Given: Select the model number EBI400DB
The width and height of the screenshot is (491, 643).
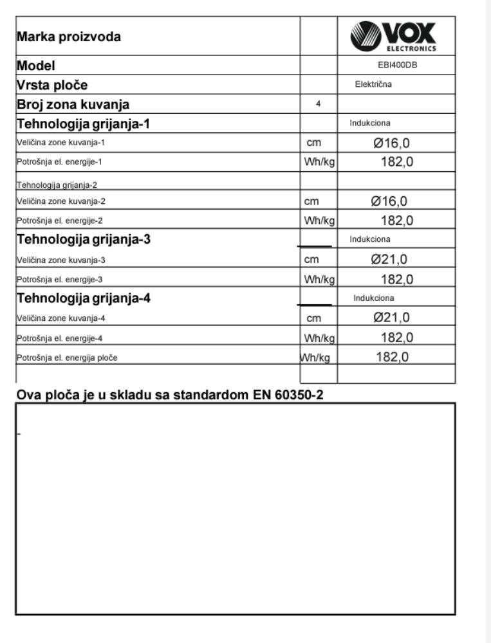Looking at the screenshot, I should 397,65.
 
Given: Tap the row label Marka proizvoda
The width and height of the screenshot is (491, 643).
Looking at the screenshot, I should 69,37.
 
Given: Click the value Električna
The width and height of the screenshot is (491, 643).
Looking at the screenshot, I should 374,84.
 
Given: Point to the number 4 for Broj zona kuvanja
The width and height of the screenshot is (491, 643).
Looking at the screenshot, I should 319,104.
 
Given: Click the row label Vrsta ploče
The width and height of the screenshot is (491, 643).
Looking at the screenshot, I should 52,85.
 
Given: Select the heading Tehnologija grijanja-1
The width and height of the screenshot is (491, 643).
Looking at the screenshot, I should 84,123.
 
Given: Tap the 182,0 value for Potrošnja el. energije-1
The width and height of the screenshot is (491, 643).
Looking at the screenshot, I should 396,162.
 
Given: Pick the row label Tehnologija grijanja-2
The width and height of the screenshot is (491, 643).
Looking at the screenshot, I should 56,185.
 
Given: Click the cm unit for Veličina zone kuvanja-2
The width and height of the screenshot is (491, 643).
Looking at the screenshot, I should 312,201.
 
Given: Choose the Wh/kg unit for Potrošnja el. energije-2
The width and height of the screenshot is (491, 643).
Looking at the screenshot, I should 319,221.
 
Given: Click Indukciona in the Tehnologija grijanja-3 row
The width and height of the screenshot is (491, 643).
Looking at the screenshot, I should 370,239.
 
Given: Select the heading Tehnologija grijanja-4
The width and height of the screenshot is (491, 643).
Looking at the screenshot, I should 84,298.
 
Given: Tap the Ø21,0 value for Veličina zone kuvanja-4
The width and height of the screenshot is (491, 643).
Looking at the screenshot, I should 392,318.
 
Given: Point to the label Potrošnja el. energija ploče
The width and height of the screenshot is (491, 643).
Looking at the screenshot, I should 67,358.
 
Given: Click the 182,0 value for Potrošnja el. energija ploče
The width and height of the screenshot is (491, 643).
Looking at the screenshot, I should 393,357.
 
